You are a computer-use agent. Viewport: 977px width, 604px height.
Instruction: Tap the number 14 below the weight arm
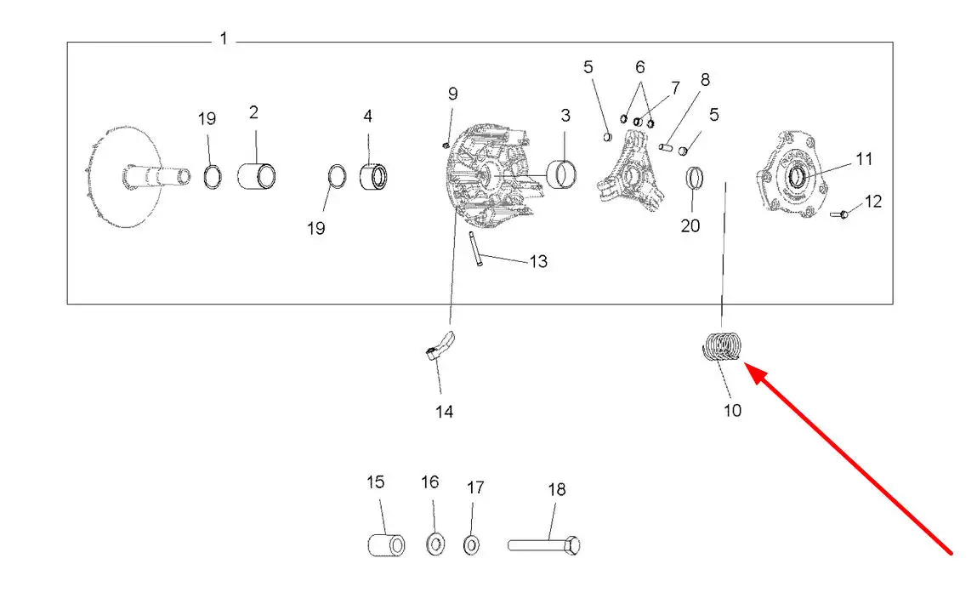coord(444,412)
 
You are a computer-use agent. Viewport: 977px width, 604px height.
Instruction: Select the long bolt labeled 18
coord(545,543)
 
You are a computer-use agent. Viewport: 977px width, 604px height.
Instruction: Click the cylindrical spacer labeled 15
coord(385,544)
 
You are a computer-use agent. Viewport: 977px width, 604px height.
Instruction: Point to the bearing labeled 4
coord(373,178)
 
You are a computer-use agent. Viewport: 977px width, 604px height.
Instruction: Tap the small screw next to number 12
coord(840,214)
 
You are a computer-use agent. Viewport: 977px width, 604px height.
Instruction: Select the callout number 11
coord(864,159)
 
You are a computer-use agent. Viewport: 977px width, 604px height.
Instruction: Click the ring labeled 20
coord(695,179)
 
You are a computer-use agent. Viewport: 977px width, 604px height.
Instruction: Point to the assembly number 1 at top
coord(224,39)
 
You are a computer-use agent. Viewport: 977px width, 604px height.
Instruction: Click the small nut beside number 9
coord(446,145)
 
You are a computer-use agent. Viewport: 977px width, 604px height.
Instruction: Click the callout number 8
coord(705,81)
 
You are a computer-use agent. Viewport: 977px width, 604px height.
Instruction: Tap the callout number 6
coord(639,67)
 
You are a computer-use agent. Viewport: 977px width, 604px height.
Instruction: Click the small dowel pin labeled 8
coord(667,146)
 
